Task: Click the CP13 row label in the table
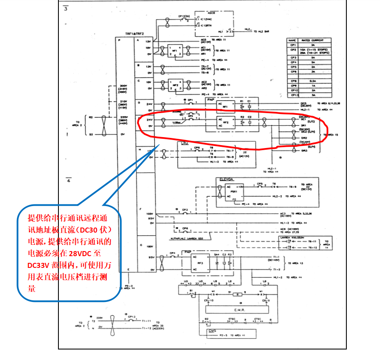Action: (x=293, y=95)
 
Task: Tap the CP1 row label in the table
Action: (x=293, y=45)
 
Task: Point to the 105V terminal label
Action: (x=148, y=213)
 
